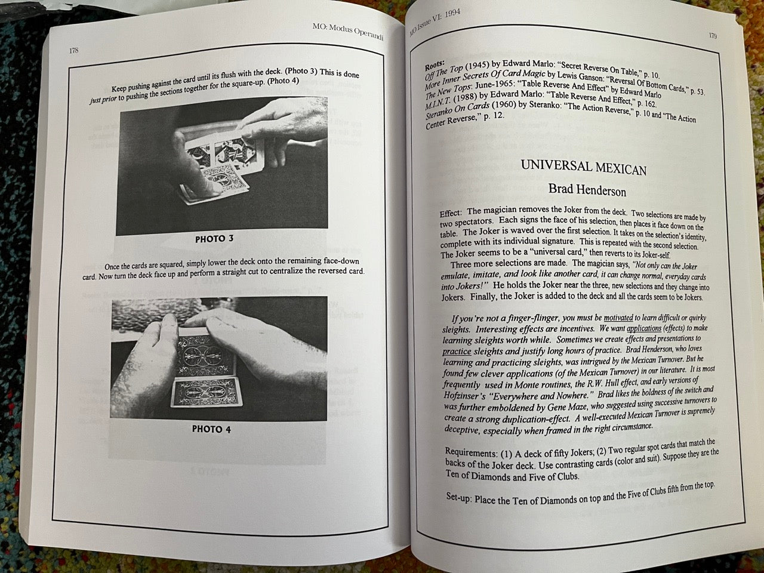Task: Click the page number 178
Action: click(74, 50)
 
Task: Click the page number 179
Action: click(713, 35)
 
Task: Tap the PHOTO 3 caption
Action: click(214, 239)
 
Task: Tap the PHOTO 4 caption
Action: click(211, 429)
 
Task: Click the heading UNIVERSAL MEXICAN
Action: click(584, 167)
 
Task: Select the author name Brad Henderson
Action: click(587, 190)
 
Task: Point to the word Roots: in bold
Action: click(435, 64)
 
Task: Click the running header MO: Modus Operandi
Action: click(348, 32)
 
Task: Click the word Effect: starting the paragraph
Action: click(451, 213)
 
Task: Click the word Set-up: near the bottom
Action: click(459, 497)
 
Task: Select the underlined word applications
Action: click(644, 328)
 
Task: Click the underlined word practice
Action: click(457, 352)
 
